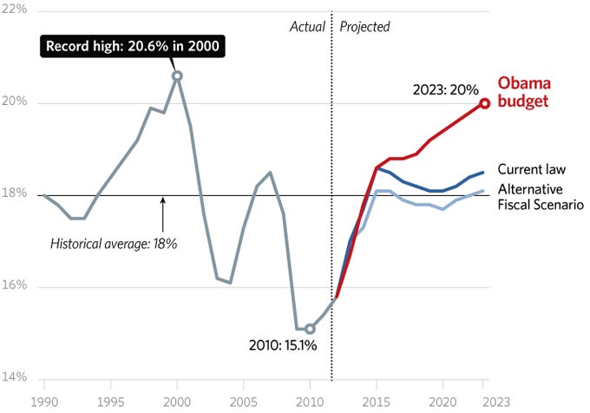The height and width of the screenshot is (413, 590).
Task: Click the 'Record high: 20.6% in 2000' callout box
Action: (131, 47)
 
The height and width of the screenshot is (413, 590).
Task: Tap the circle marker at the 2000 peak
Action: (177, 76)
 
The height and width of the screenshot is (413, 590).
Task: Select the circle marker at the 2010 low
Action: (310, 329)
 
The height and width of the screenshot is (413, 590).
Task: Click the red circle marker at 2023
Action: (485, 103)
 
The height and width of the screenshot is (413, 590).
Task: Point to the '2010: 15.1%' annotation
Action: (283, 345)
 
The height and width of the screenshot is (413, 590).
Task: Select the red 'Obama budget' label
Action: (526, 92)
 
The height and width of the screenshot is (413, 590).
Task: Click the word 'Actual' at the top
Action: (306, 27)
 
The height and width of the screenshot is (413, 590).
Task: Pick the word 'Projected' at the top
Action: (364, 27)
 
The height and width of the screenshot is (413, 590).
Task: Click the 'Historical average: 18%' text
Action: (114, 244)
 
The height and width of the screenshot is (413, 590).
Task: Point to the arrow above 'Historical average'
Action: (162, 213)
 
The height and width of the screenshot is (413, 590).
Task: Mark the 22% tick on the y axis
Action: (16, 10)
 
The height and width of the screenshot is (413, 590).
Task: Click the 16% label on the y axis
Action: (16, 286)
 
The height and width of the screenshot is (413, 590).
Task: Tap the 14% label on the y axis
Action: (16, 378)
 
